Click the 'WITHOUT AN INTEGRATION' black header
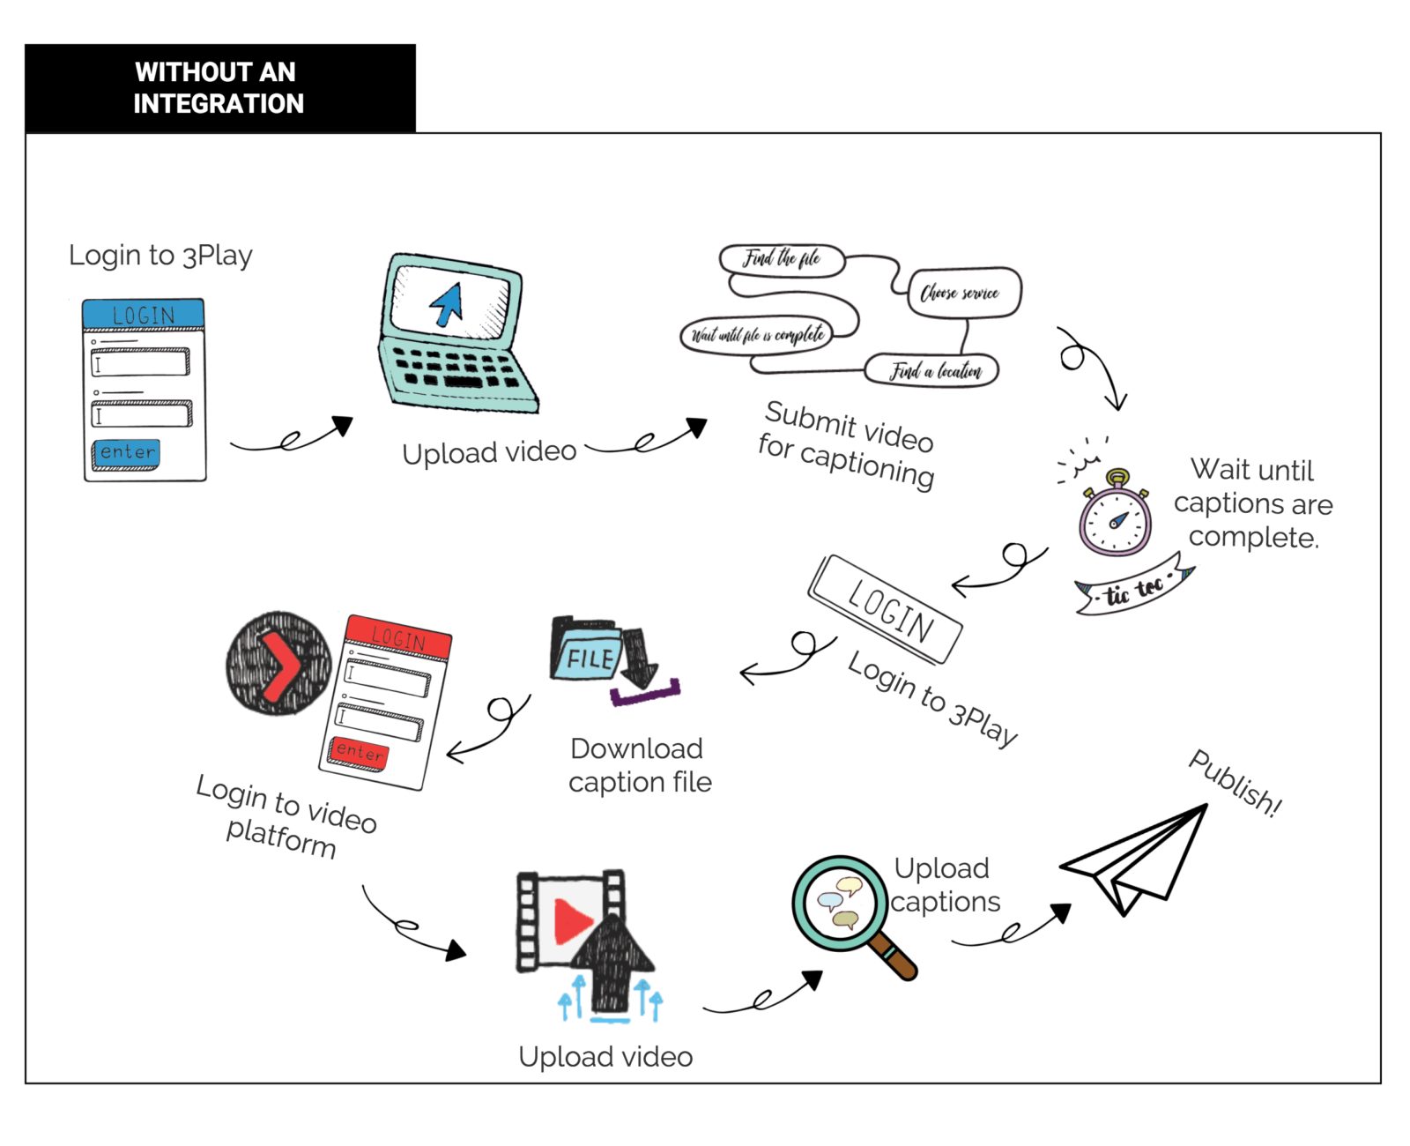pos(219,88)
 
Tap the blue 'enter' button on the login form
pos(127,453)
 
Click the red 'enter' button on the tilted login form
pos(359,752)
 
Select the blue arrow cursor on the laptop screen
pos(447,305)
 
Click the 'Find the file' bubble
pos(782,259)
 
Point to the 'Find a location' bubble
pos(932,371)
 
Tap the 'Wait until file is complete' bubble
pos(758,335)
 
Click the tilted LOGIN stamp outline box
pos(886,609)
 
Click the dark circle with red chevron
pos(278,663)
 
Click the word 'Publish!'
pos(1235,783)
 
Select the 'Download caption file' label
pos(639,765)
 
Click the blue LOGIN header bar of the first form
pos(144,315)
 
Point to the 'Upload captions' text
pos(944,885)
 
